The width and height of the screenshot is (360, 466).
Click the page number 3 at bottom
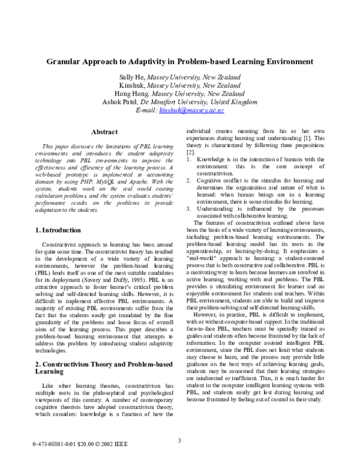pyautogui.click(x=179, y=441)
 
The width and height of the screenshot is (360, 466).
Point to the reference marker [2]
pyautogui.click(x=190, y=154)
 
